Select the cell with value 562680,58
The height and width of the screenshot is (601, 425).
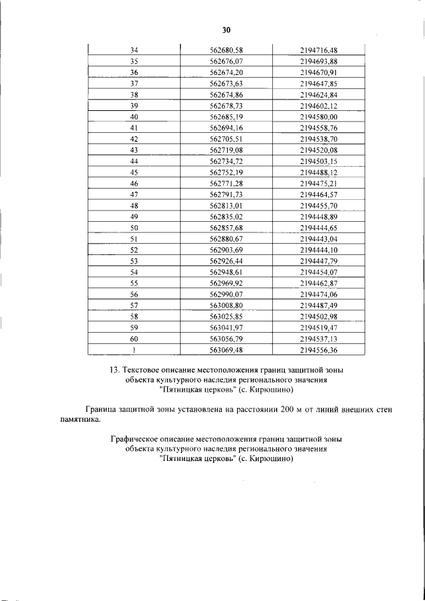[226, 50]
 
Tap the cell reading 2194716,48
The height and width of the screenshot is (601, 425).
[319, 50]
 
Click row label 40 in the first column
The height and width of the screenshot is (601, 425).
[134, 117]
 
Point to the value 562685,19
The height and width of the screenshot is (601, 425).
[226, 117]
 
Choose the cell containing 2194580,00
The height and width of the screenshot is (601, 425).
[319, 117]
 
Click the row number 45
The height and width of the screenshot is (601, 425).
[134, 172]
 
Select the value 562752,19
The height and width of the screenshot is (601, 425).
[226, 172]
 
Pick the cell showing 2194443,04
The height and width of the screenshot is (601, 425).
[319, 239]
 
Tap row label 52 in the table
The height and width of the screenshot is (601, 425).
[134, 250]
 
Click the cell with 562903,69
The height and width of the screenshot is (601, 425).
[226, 250]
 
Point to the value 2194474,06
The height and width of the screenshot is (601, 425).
[319, 295]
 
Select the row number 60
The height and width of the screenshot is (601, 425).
[134, 339]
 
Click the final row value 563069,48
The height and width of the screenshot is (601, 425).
[226, 350]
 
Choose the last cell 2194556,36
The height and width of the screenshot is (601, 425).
[319, 350]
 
